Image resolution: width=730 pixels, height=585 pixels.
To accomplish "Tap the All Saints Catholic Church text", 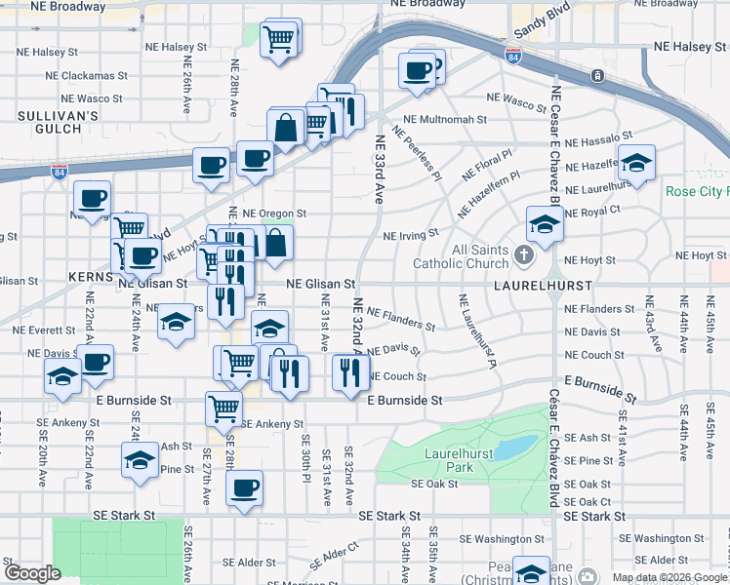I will coord(461,256).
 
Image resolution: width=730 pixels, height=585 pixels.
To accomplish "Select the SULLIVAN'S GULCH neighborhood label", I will coord(59,123).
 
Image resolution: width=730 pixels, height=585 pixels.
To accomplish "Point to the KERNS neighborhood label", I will coord(92,277).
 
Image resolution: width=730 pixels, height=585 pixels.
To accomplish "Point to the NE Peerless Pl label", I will coord(418,151).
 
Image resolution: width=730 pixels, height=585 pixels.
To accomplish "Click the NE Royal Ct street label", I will coord(592,210).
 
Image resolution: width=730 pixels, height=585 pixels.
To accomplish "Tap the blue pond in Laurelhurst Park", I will coord(516,447).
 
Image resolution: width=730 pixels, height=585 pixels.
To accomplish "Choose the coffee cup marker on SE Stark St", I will coord(244,487).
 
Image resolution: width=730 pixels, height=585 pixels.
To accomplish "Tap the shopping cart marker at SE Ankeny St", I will coord(223,409).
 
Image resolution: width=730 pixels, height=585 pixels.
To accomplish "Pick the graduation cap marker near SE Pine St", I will coord(140,458).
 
